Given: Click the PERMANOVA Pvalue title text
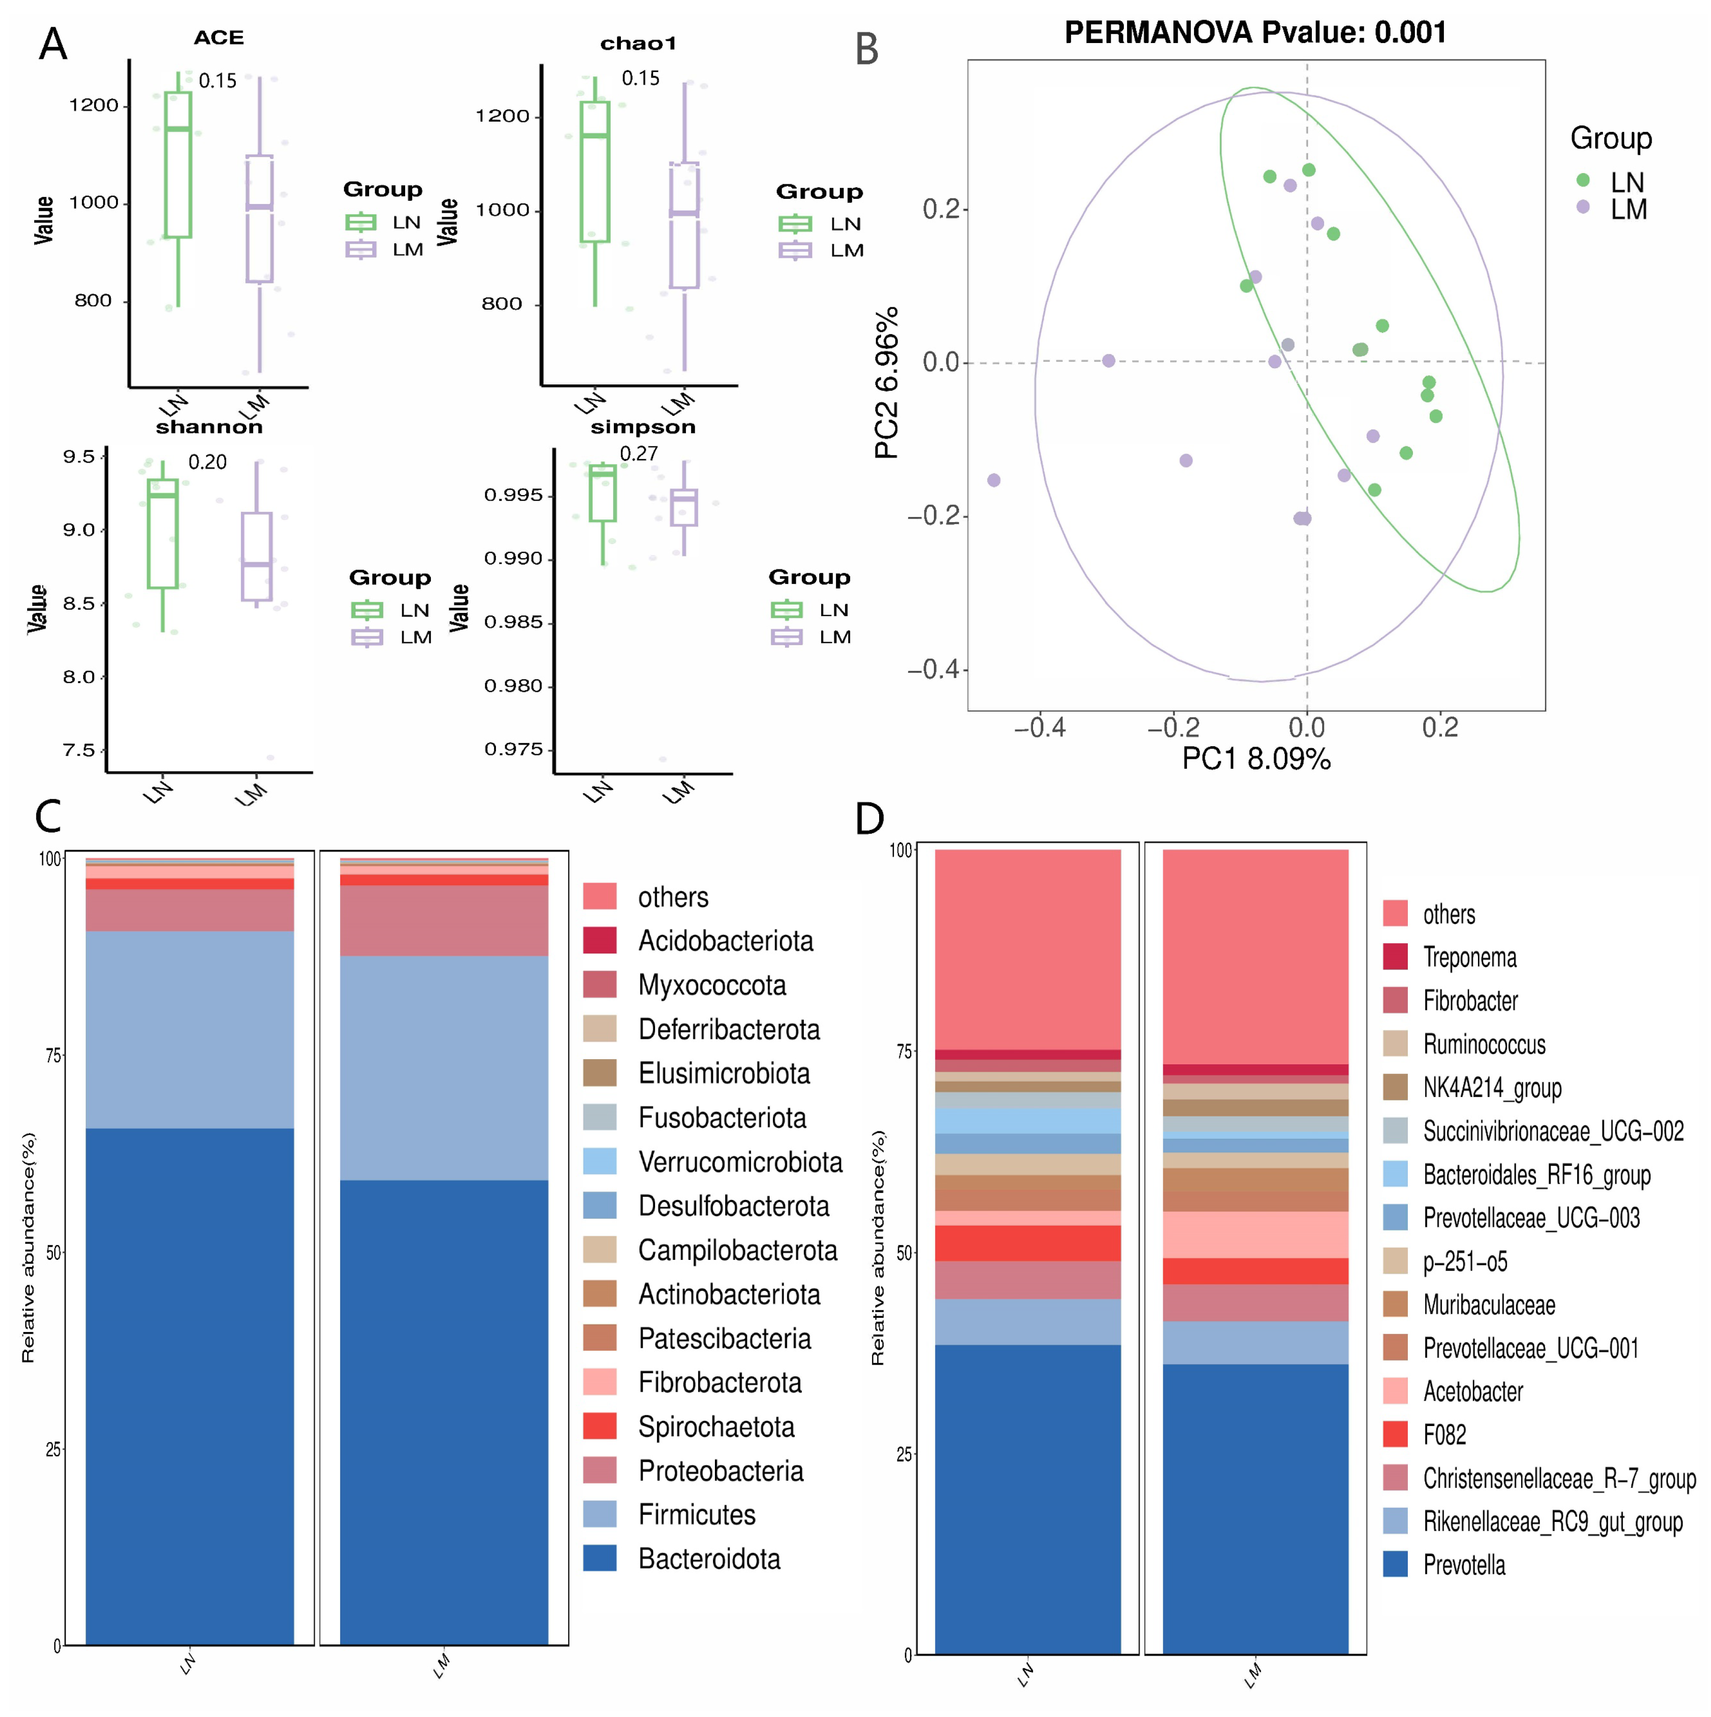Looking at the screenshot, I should pyautogui.click(x=1254, y=33).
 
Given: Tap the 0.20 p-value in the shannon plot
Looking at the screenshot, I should pyautogui.click(x=207, y=462).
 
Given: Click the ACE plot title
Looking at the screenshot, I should pyautogui.click(x=218, y=38).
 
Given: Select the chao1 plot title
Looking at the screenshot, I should pyautogui.click(x=638, y=44).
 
